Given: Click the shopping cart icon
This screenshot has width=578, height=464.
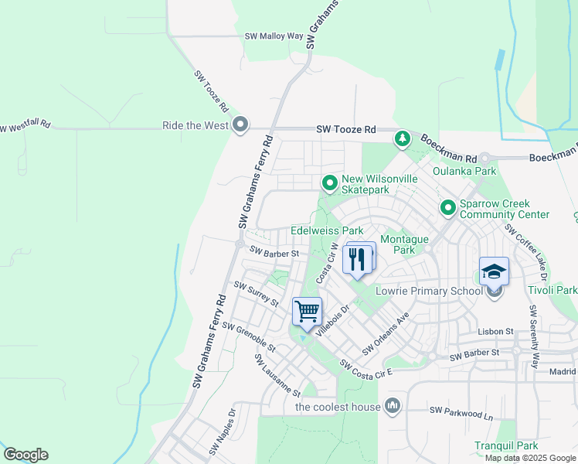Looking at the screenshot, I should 308,311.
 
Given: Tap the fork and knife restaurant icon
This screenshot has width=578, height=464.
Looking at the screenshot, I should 356,258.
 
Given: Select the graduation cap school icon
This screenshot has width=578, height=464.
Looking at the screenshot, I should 495,271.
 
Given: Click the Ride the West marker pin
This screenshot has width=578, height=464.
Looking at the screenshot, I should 241,125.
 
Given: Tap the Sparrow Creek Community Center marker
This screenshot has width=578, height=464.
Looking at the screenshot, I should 447,207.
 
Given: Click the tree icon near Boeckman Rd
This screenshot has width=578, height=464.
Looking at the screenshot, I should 402,139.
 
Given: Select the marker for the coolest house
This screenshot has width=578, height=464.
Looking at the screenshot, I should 393,405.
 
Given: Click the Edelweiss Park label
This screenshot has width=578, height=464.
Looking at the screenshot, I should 327,230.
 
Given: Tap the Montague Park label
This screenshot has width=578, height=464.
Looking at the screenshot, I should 403,244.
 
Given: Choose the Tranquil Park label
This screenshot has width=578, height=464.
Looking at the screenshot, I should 507,446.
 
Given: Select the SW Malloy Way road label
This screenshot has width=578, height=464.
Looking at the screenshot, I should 274,36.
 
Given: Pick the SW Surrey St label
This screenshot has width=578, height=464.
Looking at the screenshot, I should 256,295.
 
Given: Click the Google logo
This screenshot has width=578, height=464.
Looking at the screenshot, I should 25,455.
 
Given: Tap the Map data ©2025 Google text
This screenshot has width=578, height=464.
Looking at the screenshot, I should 529,458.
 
